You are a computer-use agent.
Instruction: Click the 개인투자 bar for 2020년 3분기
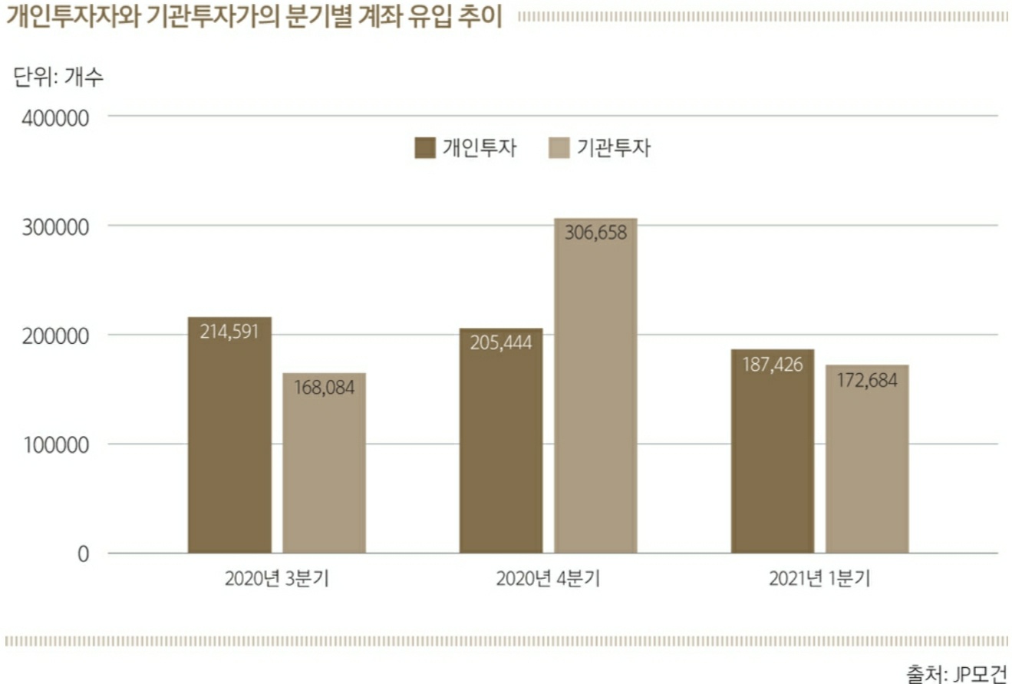tap(230, 435)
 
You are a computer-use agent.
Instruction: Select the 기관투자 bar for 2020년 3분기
tap(325, 463)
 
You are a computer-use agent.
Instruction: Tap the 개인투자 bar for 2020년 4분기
tap(501, 441)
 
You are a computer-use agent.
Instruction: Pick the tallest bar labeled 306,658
tap(596, 385)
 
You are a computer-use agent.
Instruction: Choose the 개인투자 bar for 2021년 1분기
tap(773, 451)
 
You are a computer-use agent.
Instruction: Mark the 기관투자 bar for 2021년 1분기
tap(868, 459)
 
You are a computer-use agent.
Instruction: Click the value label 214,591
tap(229, 332)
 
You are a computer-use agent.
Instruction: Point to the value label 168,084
tap(325, 388)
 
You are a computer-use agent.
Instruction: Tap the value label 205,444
tap(501, 342)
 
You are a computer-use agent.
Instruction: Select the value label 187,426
tap(773, 365)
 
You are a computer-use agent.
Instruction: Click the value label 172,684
tap(868, 380)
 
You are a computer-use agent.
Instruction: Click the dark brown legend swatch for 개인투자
tap(425, 148)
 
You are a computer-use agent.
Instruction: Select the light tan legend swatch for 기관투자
tap(559, 148)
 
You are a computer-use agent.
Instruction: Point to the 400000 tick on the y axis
tap(55, 118)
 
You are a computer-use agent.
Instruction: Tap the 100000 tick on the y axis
tap(56, 445)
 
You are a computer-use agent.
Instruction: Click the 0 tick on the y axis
tap(83, 554)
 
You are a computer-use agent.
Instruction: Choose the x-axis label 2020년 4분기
tap(549, 579)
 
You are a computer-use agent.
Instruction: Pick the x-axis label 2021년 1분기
tap(819, 579)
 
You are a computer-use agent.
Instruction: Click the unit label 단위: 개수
tap(58, 77)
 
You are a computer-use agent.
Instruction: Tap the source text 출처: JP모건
tap(957, 673)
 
